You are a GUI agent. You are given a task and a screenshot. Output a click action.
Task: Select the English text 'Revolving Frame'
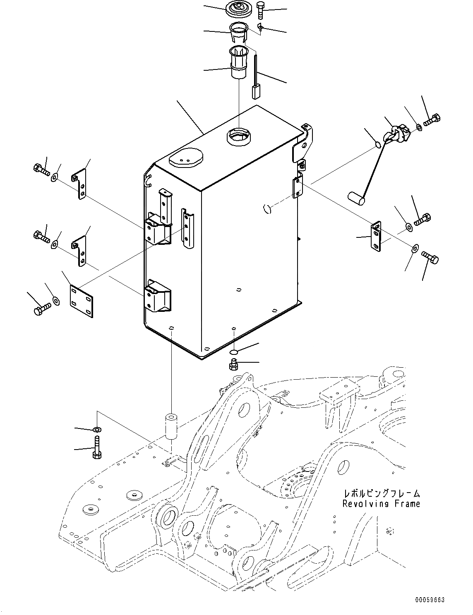pos(381,504)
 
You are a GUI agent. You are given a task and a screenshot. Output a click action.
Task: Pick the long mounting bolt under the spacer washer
pos(96,449)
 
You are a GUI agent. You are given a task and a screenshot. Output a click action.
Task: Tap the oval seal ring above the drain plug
pos(234,352)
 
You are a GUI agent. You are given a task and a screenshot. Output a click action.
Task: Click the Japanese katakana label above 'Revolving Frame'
pos(381,493)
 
